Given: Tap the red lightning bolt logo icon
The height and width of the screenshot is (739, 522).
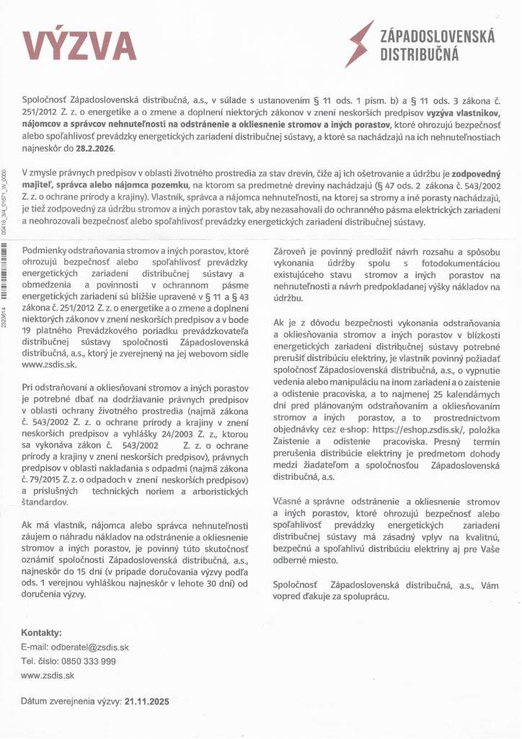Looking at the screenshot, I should pos(361,43).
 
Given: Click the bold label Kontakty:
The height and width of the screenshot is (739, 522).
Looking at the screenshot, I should pos(42,632).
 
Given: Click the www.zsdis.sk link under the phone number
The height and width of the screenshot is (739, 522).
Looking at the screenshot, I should pos(48,675).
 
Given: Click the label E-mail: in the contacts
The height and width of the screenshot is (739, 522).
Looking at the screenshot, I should pos(35,647).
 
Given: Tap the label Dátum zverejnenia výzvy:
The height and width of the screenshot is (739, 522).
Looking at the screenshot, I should pos(71,700).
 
